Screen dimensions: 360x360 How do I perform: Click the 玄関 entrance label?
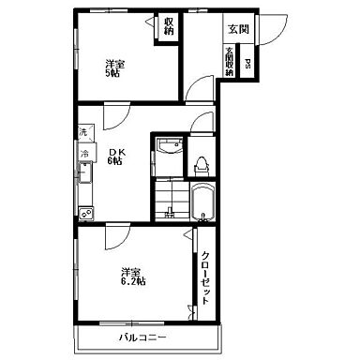239,29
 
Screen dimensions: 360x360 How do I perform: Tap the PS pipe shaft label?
247,64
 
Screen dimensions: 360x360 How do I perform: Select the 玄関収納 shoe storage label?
230,61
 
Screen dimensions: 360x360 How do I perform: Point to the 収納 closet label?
169,26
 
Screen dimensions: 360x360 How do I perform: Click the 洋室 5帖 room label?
114,68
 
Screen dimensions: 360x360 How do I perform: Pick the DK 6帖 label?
116,157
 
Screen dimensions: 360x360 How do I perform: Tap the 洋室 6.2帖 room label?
133,276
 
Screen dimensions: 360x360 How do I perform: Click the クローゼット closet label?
205,277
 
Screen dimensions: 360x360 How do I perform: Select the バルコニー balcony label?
142,337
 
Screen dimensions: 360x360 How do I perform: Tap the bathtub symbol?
202,202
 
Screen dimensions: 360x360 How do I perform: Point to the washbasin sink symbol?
170,146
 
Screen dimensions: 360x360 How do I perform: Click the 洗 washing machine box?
85,132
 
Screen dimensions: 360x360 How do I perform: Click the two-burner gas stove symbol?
86,214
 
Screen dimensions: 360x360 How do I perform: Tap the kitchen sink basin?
85,172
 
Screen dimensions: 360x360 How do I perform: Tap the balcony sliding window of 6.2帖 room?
131,322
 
